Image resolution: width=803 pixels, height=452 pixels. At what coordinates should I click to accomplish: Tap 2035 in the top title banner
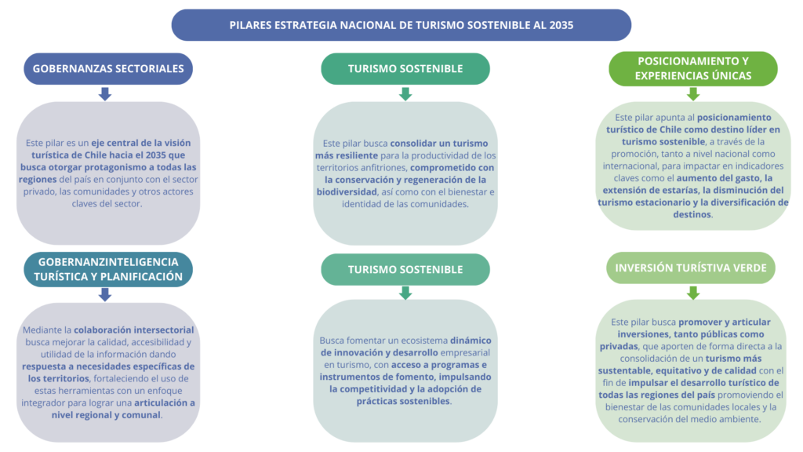pos(561,25)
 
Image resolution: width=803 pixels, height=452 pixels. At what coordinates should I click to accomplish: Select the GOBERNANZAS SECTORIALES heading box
pos(108,68)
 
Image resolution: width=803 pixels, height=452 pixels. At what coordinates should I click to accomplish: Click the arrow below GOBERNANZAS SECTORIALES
pos(105,94)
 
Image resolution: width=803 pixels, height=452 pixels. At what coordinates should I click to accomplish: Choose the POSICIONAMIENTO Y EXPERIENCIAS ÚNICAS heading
pos(693,68)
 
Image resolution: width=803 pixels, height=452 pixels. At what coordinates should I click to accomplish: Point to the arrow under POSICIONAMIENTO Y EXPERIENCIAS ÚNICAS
pos(693,94)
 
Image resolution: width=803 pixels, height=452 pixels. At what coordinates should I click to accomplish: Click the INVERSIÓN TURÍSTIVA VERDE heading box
pos(691,268)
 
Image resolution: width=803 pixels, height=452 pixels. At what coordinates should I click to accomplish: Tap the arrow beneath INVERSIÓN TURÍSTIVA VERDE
pos(693,293)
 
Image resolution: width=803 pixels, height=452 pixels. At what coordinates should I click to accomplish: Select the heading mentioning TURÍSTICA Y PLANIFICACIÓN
pos(108,269)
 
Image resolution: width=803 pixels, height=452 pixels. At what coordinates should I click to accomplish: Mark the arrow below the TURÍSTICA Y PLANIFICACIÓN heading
pos(105,294)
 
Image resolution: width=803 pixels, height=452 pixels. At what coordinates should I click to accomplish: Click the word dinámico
pos(470,341)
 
